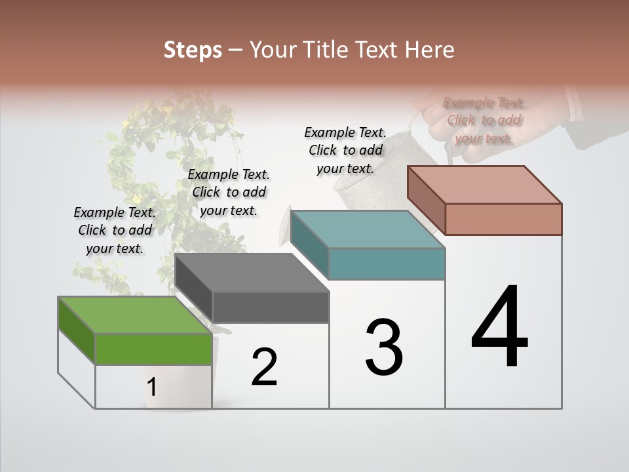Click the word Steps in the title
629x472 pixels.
(x=193, y=50)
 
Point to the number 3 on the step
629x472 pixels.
(x=384, y=347)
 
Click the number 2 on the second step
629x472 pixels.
(x=264, y=367)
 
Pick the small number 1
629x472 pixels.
(x=151, y=387)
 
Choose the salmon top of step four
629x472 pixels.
(x=485, y=185)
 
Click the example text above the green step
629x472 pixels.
(x=115, y=230)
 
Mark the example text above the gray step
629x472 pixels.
(x=229, y=192)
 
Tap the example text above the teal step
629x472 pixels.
(x=345, y=150)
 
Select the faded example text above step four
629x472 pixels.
(x=484, y=120)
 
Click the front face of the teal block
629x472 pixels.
(x=387, y=264)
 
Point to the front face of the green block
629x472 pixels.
(x=153, y=349)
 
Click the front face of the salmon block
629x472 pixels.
(x=503, y=219)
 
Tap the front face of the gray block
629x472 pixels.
(x=271, y=307)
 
